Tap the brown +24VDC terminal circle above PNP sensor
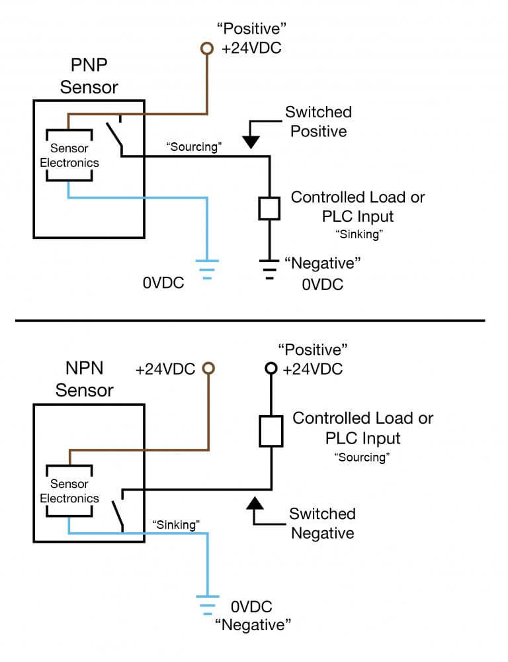click(x=207, y=48)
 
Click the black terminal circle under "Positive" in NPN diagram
click(x=270, y=369)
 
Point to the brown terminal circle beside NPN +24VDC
click(x=208, y=369)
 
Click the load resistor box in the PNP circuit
click(x=269, y=208)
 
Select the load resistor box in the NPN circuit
click(x=271, y=431)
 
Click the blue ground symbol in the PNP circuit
click(x=207, y=268)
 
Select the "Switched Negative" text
click(x=323, y=523)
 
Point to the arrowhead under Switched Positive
click(x=252, y=141)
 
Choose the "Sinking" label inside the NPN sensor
click(x=176, y=524)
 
